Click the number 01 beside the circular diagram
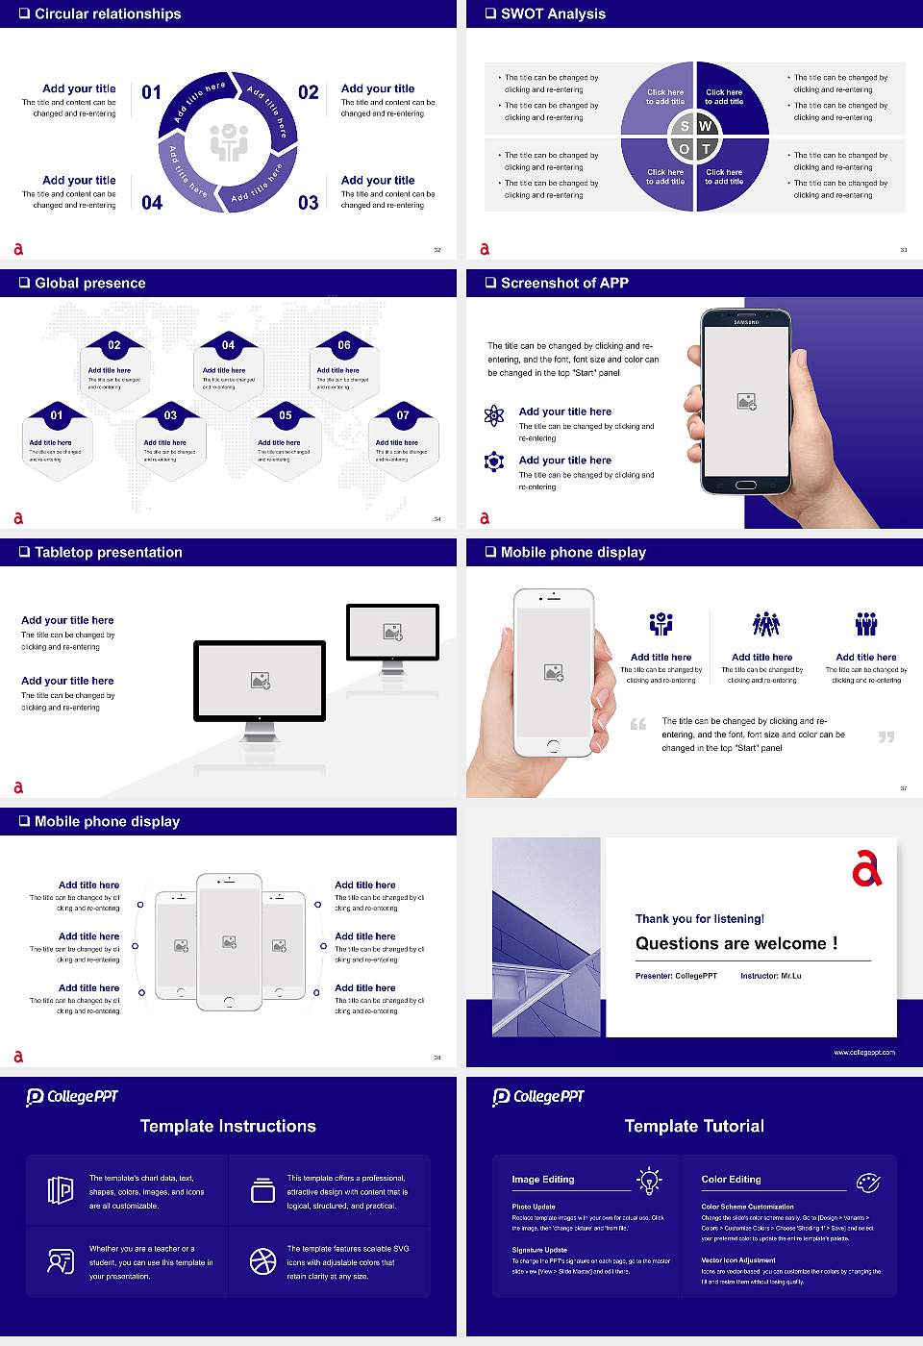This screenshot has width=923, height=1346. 152,92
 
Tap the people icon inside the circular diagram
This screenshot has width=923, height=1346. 229,142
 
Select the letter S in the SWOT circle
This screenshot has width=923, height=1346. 685,126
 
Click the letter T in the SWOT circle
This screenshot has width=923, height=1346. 706,149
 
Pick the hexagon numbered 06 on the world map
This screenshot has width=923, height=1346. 344,365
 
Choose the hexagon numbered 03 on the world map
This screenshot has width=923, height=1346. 170,437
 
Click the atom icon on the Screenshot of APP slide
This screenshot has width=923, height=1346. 494,415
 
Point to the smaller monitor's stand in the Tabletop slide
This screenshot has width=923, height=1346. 392,665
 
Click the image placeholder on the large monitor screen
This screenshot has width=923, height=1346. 260,680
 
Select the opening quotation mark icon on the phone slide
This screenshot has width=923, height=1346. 638,724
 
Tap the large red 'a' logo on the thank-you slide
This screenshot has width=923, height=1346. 865,868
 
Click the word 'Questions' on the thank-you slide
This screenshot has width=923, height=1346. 677,943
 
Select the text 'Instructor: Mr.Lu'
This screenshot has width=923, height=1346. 770,976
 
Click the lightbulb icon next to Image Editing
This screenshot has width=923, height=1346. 649,1180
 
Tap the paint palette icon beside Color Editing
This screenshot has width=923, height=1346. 867,1181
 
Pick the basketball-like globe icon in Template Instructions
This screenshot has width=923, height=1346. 262,1261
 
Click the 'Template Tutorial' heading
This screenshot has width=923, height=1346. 694,1126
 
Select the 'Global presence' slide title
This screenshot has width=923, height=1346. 89,283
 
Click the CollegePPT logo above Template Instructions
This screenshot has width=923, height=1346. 72,1096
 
